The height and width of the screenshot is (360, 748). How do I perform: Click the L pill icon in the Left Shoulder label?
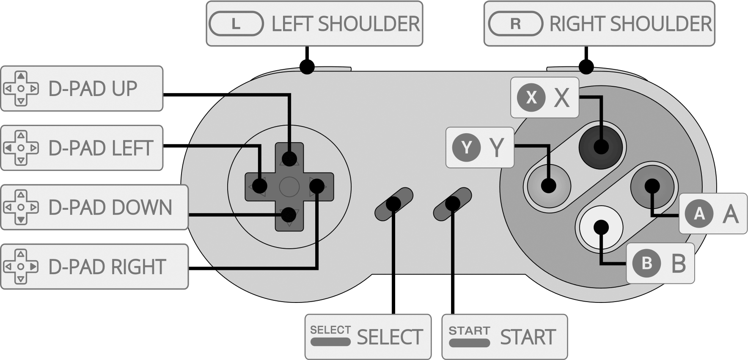(x=236, y=24)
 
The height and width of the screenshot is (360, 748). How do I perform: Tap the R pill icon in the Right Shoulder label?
(x=515, y=24)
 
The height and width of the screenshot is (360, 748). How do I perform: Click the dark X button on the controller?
(x=601, y=147)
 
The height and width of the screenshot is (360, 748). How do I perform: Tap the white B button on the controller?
(x=601, y=227)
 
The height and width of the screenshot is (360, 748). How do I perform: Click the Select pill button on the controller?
(x=393, y=204)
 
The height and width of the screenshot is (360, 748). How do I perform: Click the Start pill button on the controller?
(x=452, y=204)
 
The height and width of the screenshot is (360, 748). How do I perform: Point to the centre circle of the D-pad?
(x=289, y=187)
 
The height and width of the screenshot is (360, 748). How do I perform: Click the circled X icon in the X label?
(x=531, y=98)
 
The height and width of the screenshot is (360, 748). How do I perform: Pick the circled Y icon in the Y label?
(x=466, y=148)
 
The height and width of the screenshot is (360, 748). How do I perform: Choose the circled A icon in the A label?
(x=699, y=214)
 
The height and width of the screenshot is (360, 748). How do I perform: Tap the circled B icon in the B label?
(x=646, y=263)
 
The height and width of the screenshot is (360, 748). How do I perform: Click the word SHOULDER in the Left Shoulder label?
(x=368, y=24)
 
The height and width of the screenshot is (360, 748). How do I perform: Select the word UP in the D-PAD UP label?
(x=124, y=89)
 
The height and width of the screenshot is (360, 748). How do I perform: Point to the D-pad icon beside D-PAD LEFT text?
(x=21, y=148)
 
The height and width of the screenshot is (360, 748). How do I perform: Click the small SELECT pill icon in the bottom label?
(x=330, y=341)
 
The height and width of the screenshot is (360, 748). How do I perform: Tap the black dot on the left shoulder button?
(x=307, y=66)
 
